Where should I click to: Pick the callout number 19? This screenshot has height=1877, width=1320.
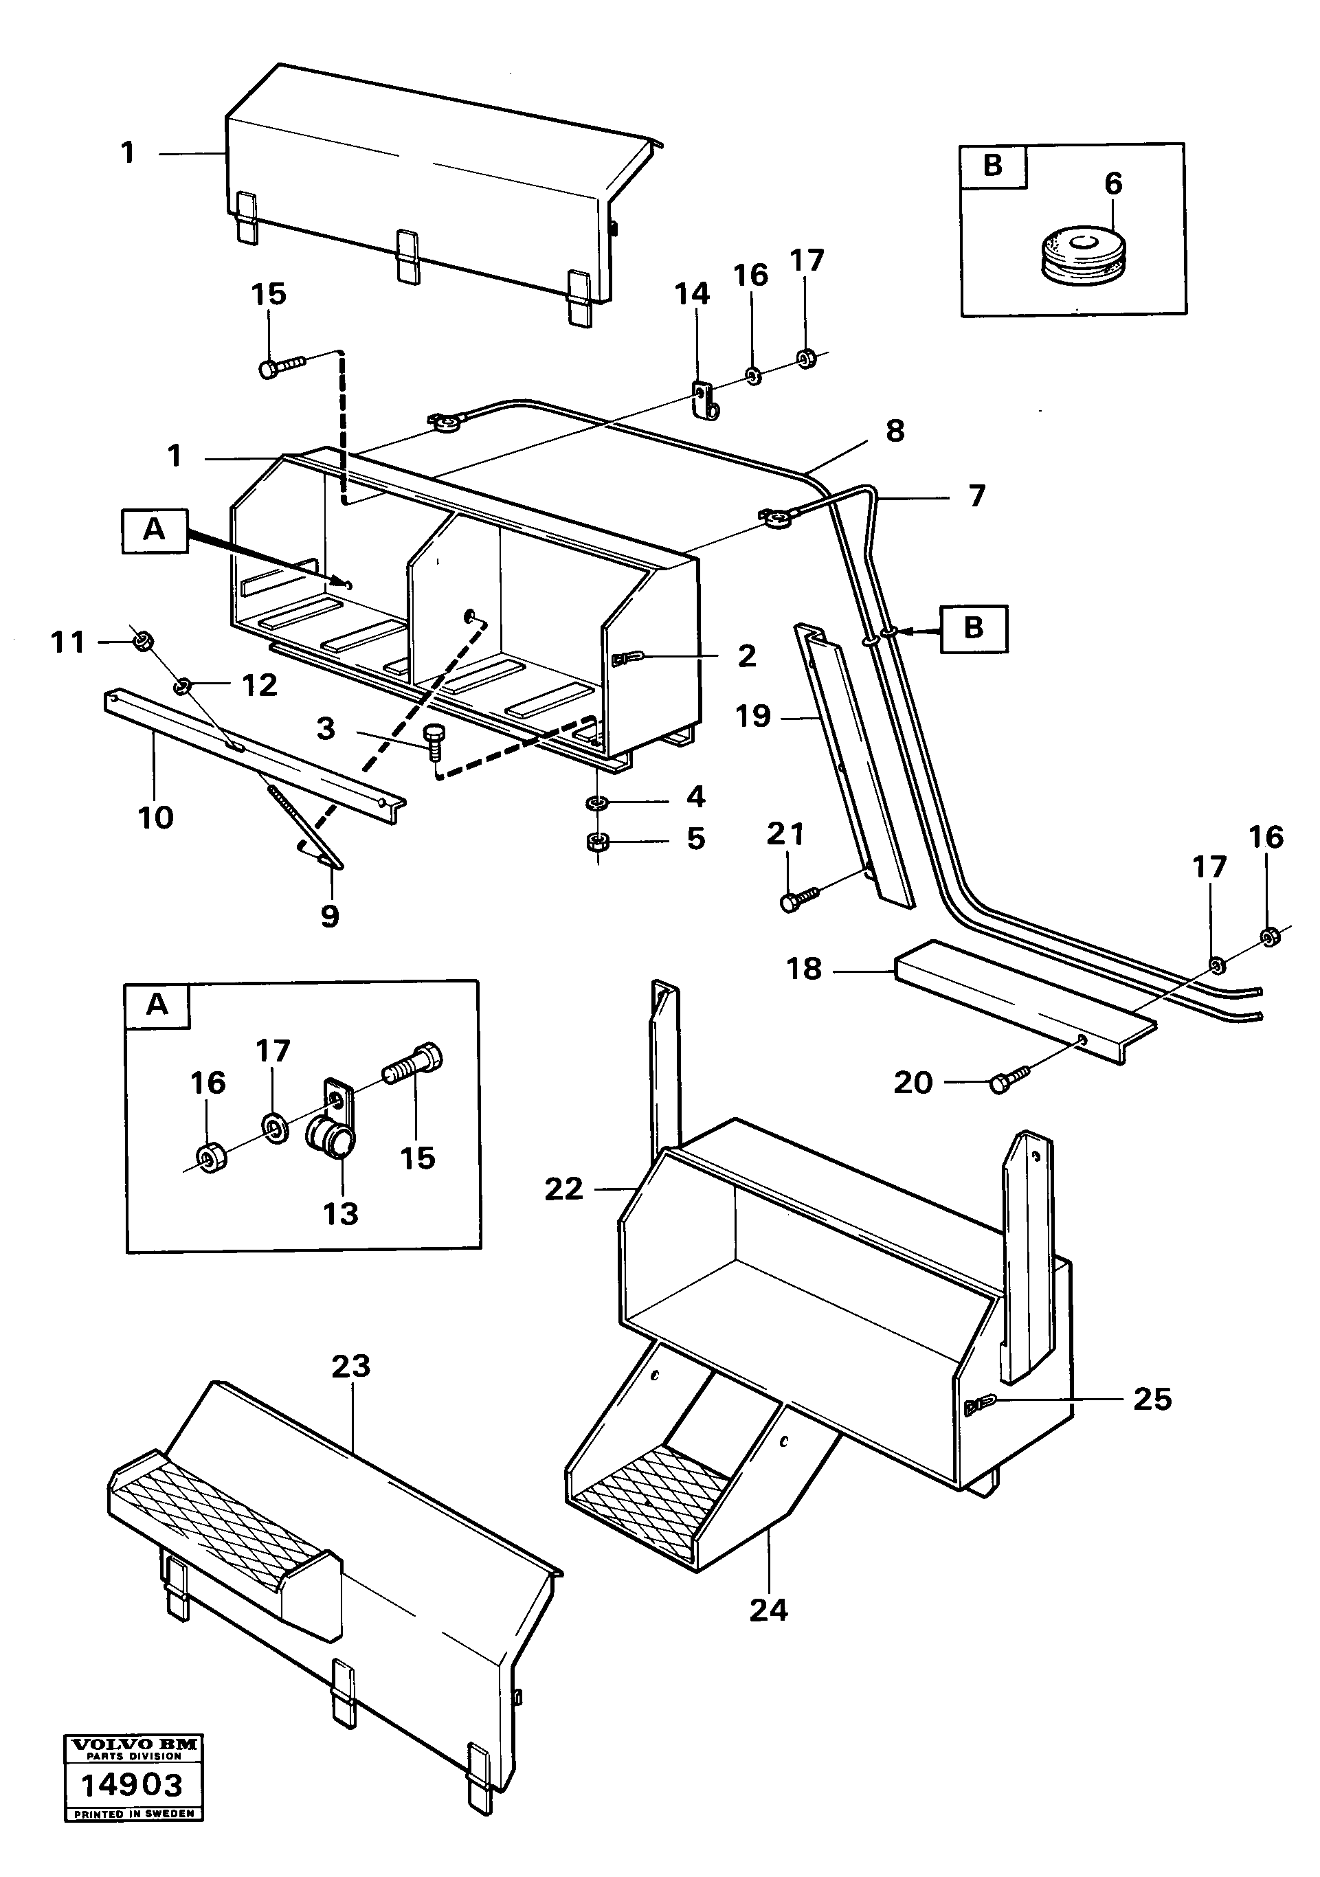click(x=753, y=716)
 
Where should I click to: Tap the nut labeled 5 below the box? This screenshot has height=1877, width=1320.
click(x=597, y=840)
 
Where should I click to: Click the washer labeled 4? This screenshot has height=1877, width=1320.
click(x=597, y=802)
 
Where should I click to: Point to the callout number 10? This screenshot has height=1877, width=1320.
click(x=155, y=817)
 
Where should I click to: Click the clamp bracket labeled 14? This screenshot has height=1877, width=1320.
click(x=704, y=400)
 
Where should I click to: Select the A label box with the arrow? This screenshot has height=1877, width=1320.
click(x=155, y=530)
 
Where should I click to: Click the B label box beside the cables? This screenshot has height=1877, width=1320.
click(x=973, y=629)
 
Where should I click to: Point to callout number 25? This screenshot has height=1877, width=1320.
click(x=1152, y=1399)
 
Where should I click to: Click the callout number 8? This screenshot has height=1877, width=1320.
click(x=895, y=431)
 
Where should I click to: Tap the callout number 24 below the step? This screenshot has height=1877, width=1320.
click(x=768, y=1610)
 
